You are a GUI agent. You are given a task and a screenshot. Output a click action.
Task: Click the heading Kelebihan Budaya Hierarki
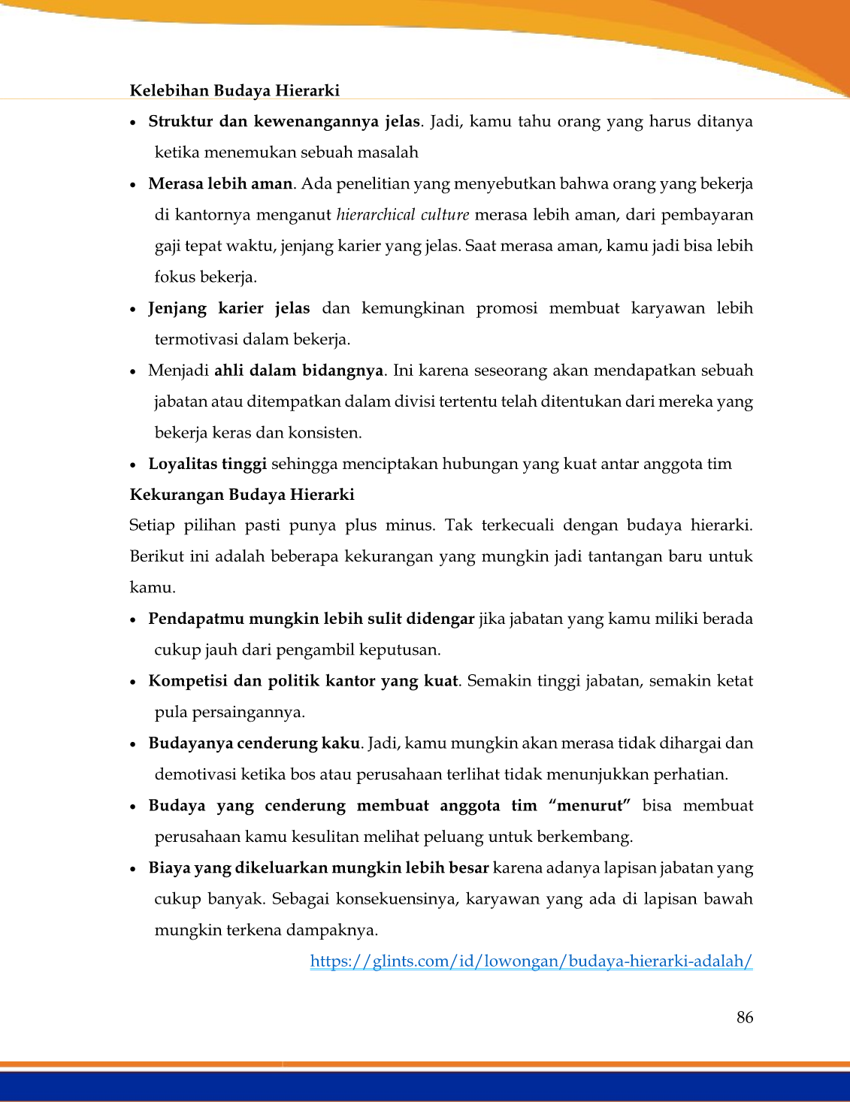(234, 91)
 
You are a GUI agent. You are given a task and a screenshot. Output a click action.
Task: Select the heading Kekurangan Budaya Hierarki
(242, 495)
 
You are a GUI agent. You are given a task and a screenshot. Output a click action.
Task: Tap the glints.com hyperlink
(531, 961)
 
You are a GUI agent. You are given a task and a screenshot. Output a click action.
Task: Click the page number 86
(745, 1017)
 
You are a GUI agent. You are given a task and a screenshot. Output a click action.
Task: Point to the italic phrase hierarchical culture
(403, 215)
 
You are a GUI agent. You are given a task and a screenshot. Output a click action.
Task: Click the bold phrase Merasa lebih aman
(220, 184)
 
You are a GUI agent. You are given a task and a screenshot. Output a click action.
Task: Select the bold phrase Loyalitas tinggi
(207, 464)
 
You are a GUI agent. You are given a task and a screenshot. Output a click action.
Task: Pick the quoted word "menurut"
(589, 806)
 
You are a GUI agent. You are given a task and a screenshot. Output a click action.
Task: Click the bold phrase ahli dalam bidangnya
(299, 371)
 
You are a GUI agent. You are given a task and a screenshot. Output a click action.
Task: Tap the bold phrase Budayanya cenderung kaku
(254, 743)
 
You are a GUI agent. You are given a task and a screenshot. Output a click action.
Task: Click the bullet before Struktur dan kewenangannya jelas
(133, 123)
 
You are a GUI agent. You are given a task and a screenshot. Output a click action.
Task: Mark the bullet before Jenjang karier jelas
(133, 309)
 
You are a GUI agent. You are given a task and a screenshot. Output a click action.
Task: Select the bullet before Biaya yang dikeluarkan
(133, 869)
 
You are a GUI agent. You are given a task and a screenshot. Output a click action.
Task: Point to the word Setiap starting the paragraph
(152, 525)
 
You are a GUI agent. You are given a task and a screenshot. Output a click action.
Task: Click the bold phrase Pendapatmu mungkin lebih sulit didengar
(311, 619)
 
